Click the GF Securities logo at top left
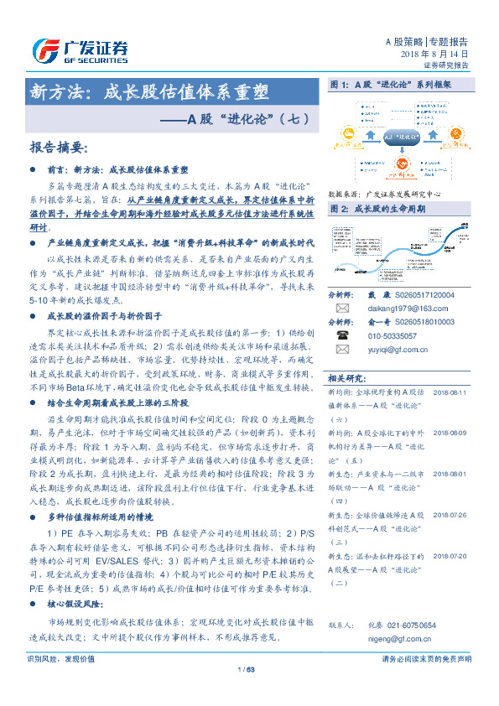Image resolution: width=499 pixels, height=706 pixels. (81, 51)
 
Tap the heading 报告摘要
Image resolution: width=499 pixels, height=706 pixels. (58, 148)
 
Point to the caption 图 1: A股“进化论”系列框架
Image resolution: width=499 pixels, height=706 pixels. (391, 86)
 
